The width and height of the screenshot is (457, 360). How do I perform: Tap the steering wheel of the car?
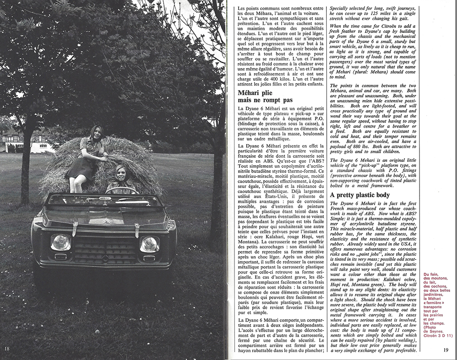point(121,190)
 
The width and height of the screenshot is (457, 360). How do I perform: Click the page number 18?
point(6,349)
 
